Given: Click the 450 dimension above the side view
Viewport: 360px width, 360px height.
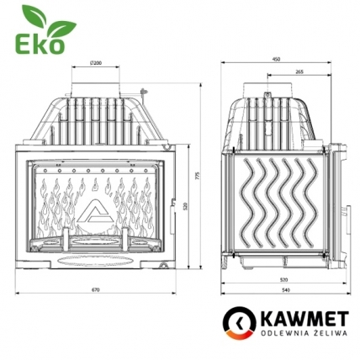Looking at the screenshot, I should click(x=276, y=60).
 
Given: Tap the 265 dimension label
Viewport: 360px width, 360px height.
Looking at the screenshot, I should click(x=299, y=72).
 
